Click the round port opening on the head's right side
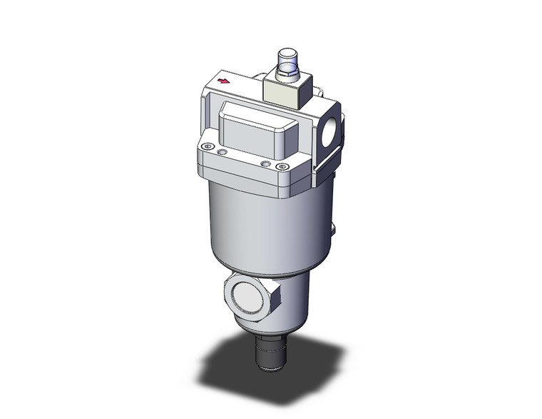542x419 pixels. (x=333, y=133)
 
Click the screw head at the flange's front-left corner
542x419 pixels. (x=208, y=147)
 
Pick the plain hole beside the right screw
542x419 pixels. (x=266, y=163)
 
